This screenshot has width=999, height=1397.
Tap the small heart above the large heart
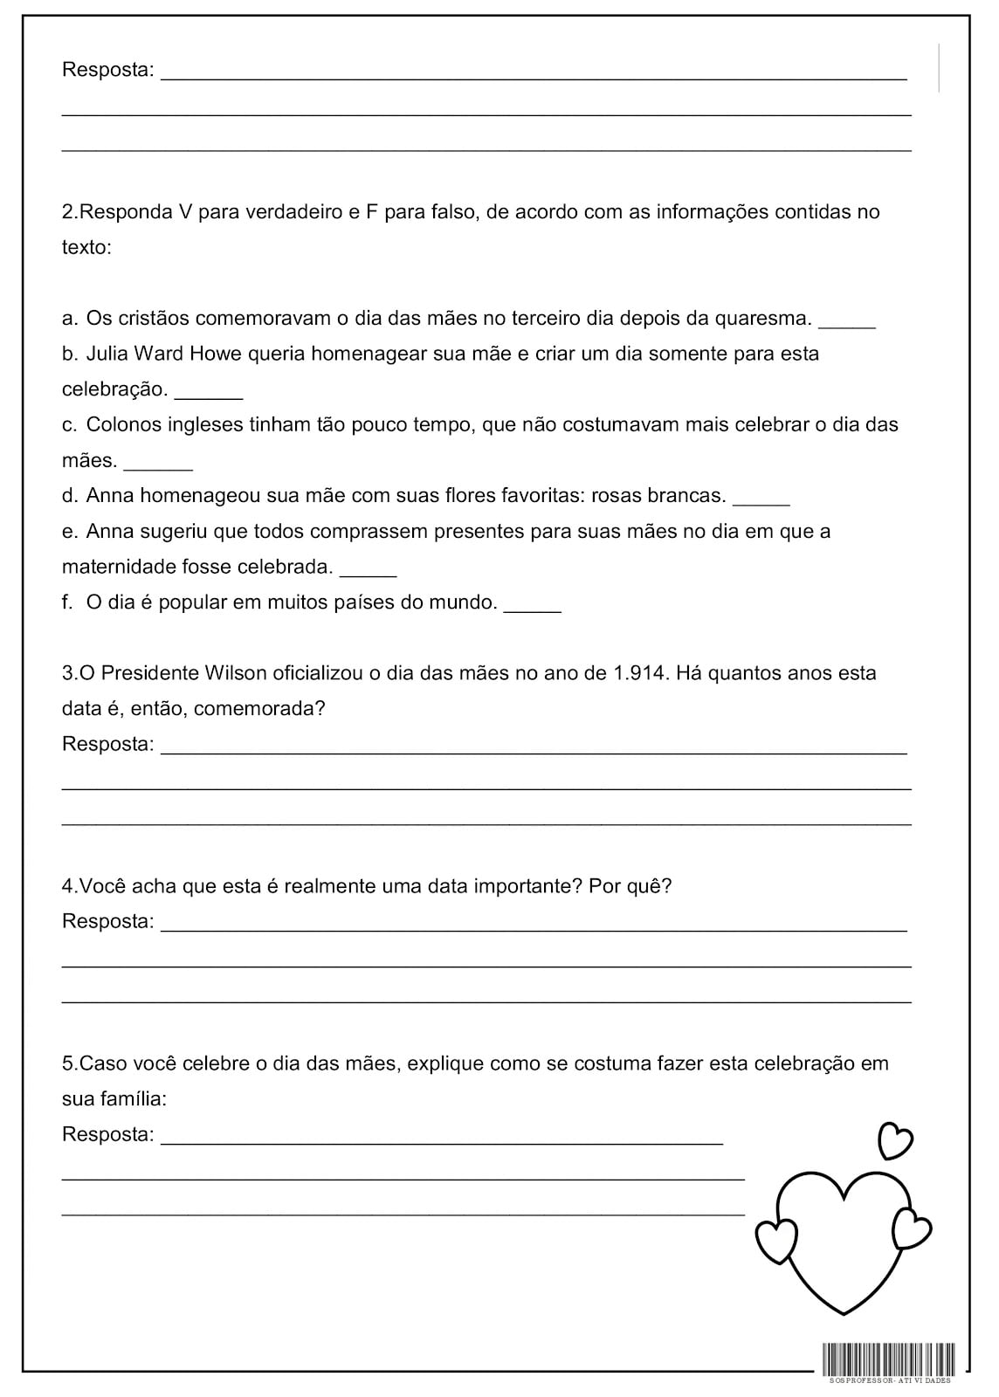pyautogui.click(x=894, y=1139)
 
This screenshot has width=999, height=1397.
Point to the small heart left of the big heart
pyautogui.click(x=775, y=1240)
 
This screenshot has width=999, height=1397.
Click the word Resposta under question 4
pyautogui.click(x=107, y=921)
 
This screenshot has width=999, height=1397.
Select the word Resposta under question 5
pyautogui.click(x=107, y=1134)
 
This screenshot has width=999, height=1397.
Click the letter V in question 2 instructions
pyautogui.click(x=184, y=211)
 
